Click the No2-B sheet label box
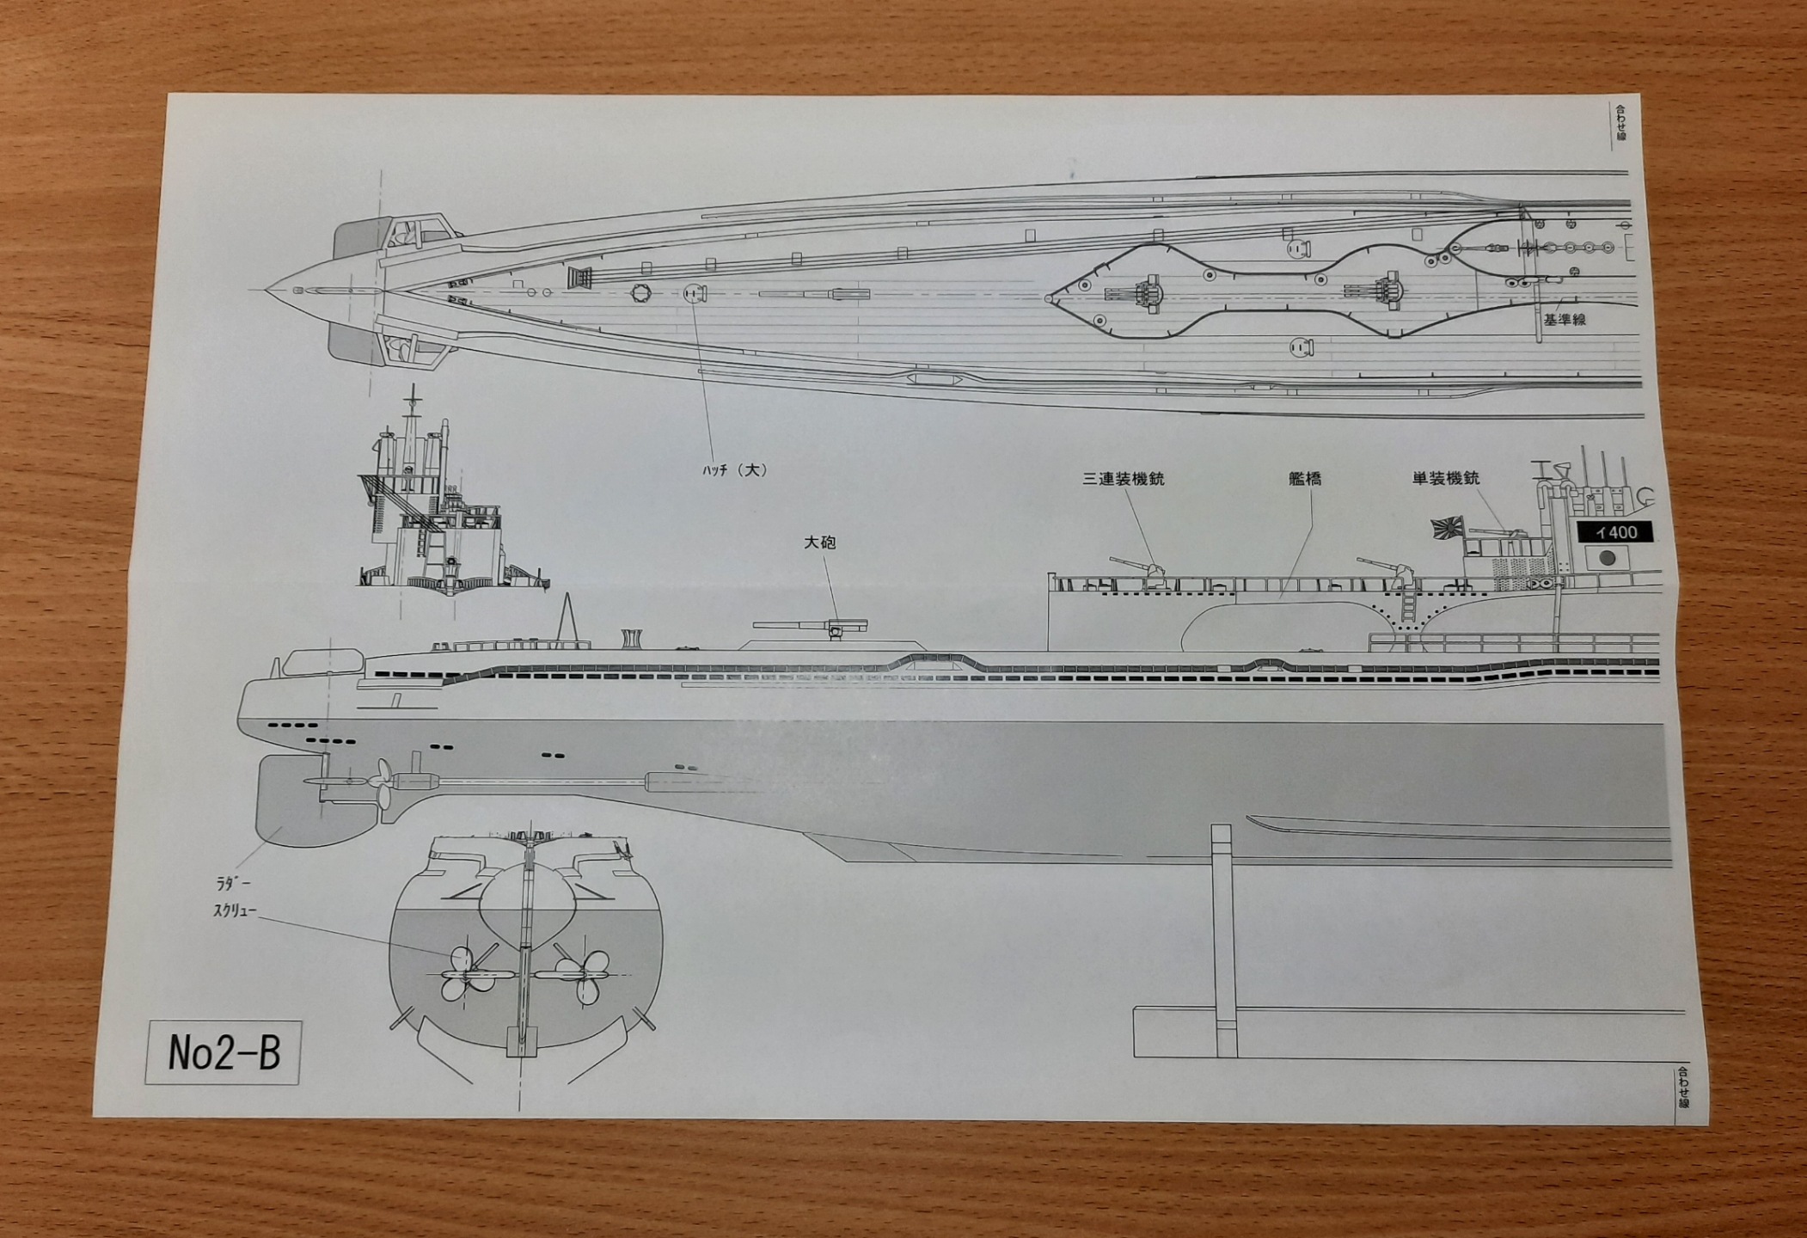tap(224, 1052)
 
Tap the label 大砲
tap(819, 542)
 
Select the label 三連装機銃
tap(1123, 479)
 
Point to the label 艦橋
tap(1304, 479)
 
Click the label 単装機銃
tap(1446, 478)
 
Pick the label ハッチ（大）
tap(733, 470)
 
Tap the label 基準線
tap(1564, 319)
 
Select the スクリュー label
tap(235, 911)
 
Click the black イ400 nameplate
tap(1615, 532)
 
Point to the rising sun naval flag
tap(1446, 528)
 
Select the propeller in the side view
tap(382, 783)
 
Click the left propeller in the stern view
tap(465, 975)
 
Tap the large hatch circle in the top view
tap(694, 293)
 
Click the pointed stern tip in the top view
tap(268, 290)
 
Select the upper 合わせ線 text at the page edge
tap(1620, 124)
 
